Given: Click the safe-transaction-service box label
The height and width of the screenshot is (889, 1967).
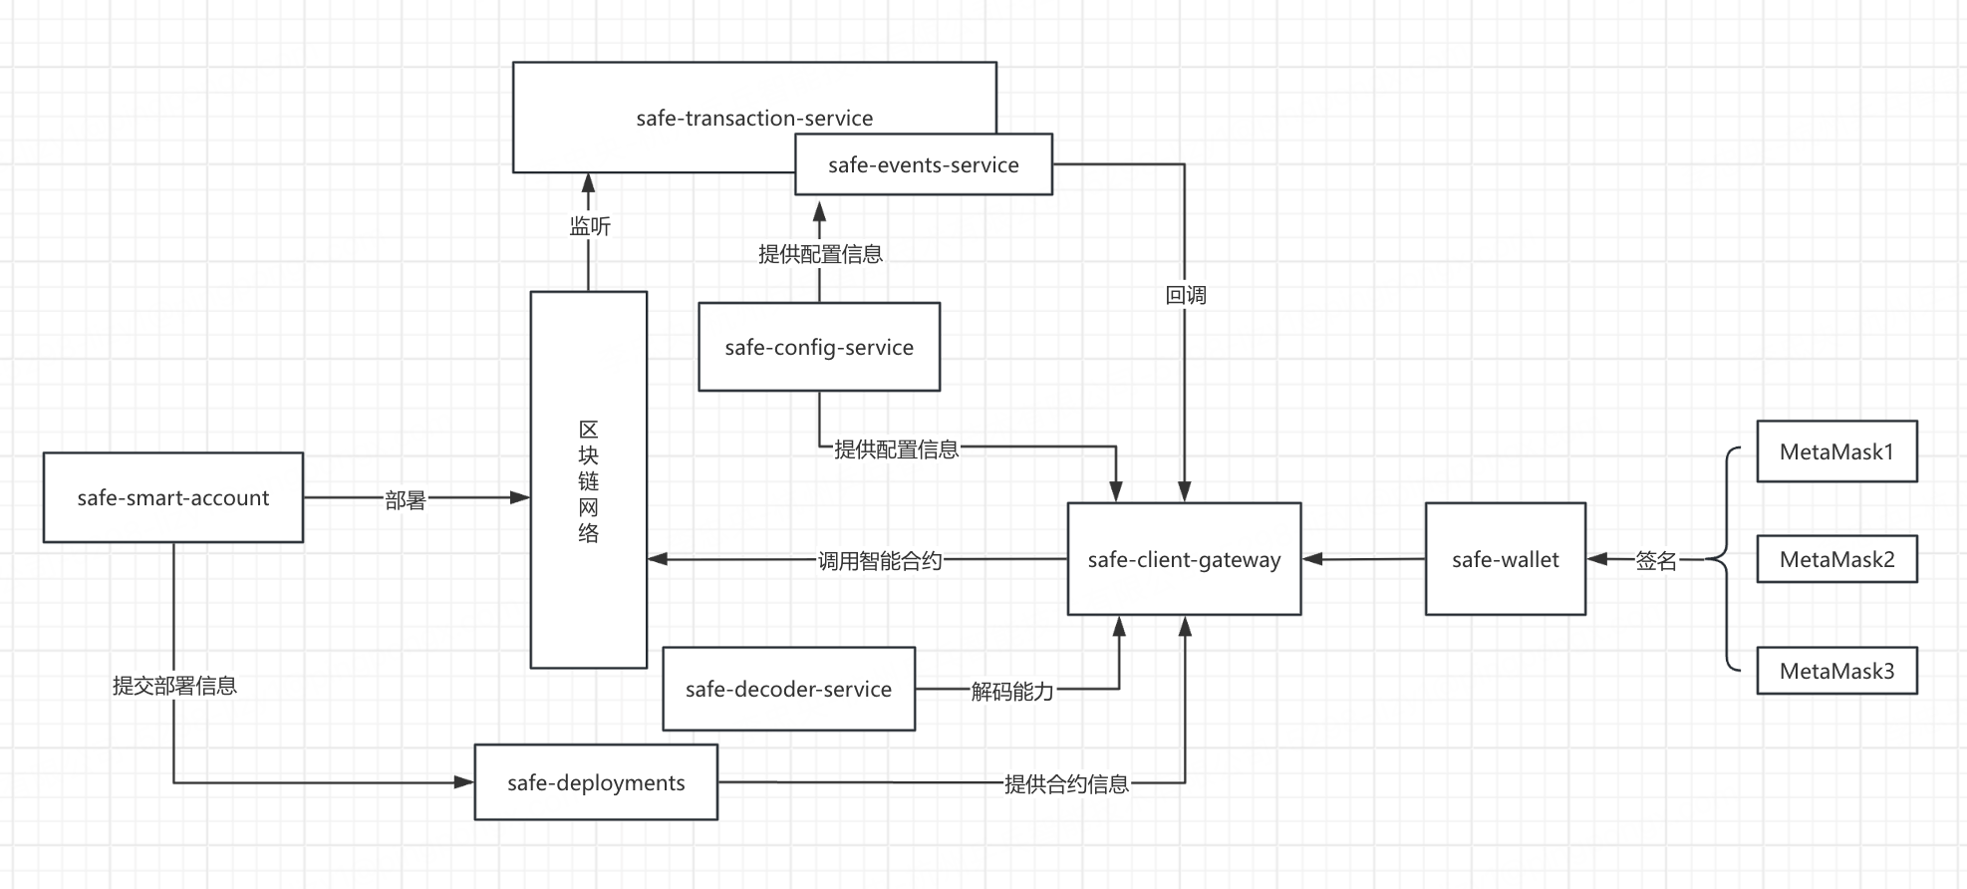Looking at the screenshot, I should [x=754, y=118].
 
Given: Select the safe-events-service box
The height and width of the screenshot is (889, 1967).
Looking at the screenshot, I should [x=923, y=164].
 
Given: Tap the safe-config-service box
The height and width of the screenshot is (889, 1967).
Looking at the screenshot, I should [x=819, y=347].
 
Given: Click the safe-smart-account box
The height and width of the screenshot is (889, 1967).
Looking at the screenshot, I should [x=173, y=497].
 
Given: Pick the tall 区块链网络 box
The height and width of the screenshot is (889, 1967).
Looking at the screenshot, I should [x=588, y=480].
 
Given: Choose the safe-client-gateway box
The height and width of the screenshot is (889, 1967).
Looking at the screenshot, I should [x=1184, y=559].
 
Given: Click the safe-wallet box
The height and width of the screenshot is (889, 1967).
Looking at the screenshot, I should [x=1505, y=559].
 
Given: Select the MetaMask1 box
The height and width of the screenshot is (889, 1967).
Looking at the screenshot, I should [x=1836, y=451].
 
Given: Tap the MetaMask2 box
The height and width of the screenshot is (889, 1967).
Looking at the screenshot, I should [x=1836, y=559].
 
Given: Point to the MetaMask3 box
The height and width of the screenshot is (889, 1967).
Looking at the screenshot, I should [x=1836, y=671].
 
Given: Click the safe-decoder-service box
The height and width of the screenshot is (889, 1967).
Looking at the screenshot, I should [x=788, y=689].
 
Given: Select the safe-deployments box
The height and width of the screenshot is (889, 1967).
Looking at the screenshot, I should [x=596, y=782].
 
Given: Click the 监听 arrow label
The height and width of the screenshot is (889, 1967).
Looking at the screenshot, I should [x=590, y=226].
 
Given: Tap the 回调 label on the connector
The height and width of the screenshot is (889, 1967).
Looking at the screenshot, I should [x=1186, y=295].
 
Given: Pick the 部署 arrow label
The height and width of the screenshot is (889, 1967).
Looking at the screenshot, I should [x=406, y=500].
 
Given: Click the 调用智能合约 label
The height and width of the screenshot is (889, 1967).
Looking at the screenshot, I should [x=880, y=561].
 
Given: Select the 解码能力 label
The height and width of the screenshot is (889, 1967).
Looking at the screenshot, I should [x=1012, y=692].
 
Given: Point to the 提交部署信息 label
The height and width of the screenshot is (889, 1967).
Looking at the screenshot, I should [x=174, y=686].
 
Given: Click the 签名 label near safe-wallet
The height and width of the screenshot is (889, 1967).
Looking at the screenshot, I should [x=1656, y=561].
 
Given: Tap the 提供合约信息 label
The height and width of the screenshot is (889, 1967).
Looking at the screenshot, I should [x=1066, y=784].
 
